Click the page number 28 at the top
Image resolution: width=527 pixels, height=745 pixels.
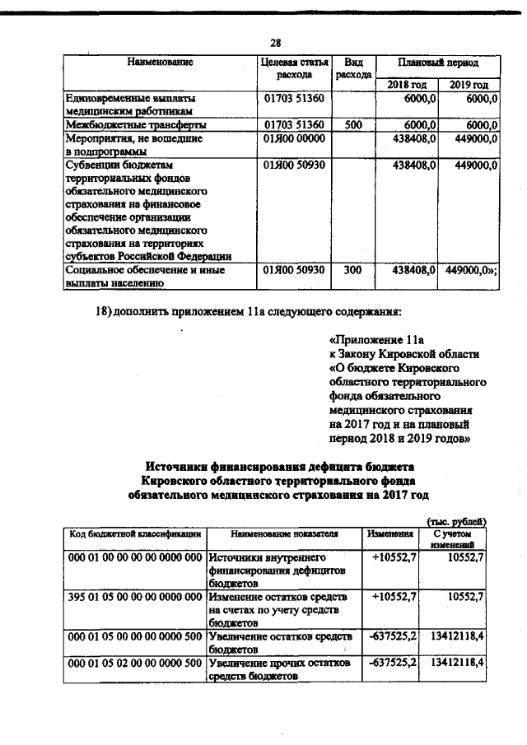click(x=277, y=44)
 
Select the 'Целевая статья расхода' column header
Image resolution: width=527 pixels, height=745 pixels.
click(x=294, y=69)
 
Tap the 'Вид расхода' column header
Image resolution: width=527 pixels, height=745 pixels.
click(x=354, y=69)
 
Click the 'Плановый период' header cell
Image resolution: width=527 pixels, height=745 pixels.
click(x=437, y=63)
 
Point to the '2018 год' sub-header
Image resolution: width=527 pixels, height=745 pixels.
click(x=407, y=85)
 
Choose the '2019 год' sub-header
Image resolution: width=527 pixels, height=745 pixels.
click(x=469, y=85)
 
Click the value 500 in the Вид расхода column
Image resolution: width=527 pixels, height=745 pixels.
click(x=353, y=124)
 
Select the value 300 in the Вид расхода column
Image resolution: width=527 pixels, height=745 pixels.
click(x=353, y=269)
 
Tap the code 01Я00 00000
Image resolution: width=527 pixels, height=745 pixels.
click(x=295, y=139)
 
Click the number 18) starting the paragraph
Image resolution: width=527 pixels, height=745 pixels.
click(x=108, y=312)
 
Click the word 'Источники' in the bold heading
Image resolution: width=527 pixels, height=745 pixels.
click(x=183, y=465)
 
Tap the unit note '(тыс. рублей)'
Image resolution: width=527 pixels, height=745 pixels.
click(x=457, y=520)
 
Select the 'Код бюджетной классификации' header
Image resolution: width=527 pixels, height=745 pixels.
click(x=135, y=533)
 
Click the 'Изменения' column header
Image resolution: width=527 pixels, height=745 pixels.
click(x=389, y=533)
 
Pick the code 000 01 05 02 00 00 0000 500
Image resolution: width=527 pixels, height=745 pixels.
click(x=135, y=662)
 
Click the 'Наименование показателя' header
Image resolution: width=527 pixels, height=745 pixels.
click(x=280, y=533)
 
